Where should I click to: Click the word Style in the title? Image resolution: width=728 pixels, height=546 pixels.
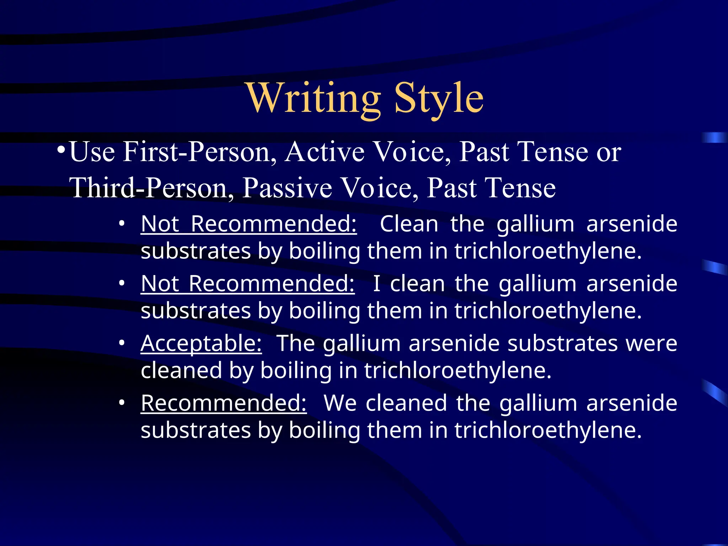pyautogui.click(x=439, y=98)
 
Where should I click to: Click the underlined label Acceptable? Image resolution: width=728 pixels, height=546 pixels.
pyautogui.click(x=201, y=343)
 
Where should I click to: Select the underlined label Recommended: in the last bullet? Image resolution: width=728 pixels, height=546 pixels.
pyautogui.click(x=224, y=403)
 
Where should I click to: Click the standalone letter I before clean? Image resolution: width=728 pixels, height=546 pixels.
pyautogui.click(x=377, y=284)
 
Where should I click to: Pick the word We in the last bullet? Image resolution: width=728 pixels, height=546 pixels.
pyautogui.click(x=340, y=403)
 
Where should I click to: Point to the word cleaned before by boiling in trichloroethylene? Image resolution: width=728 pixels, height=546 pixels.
pyautogui.click(x=181, y=370)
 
